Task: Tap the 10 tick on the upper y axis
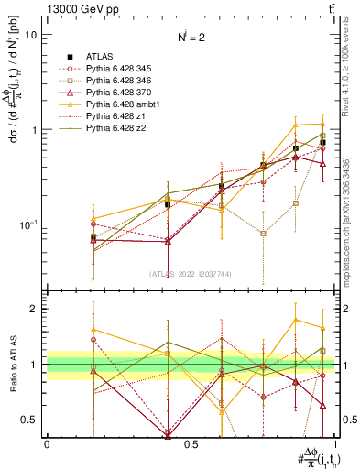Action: point(31,35)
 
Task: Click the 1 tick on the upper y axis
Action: point(35,129)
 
